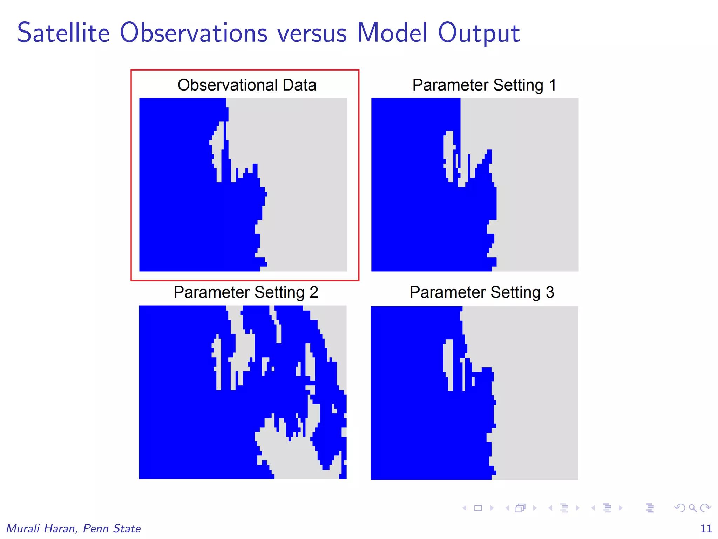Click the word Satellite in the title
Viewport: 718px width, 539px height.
63,33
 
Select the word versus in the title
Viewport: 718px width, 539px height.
312,34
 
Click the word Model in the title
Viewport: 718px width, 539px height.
392,33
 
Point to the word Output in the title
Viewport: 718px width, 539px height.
479,34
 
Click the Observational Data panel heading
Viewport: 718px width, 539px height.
247,85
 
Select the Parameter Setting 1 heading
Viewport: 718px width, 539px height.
484,85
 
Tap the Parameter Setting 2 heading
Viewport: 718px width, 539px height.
246,292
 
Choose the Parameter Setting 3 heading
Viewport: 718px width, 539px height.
482,292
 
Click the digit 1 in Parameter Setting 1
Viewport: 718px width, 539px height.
553,85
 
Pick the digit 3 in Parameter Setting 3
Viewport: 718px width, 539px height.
550,292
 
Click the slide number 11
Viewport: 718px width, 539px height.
706,528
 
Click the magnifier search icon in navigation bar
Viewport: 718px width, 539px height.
692,508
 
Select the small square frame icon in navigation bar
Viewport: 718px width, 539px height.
478,508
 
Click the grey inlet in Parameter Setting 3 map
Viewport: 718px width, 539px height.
448,361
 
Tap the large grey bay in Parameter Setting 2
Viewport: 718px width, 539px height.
287,456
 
